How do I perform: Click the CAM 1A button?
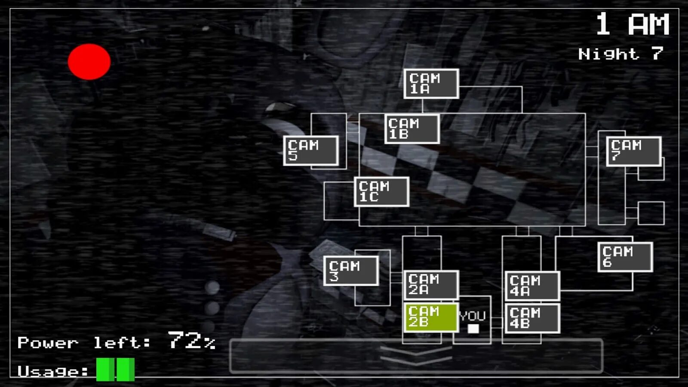(x=431, y=84)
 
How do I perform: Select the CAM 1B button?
(x=412, y=129)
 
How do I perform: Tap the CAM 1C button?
(x=381, y=192)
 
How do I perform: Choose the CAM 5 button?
(x=311, y=150)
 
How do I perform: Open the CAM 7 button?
(x=633, y=151)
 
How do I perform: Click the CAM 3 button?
(x=351, y=271)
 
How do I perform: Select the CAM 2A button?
(x=431, y=285)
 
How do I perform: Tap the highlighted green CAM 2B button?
(x=431, y=317)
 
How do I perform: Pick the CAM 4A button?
(x=532, y=286)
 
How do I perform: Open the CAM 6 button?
(x=625, y=257)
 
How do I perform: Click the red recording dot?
(x=89, y=61)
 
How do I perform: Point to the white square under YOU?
(x=473, y=329)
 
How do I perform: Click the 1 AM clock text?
(x=632, y=25)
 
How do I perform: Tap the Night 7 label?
(x=620, y=54)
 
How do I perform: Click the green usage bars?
(x=115, y=370)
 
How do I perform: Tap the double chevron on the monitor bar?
(x=416, y=355)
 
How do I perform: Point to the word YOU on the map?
(x=472, y=316)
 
